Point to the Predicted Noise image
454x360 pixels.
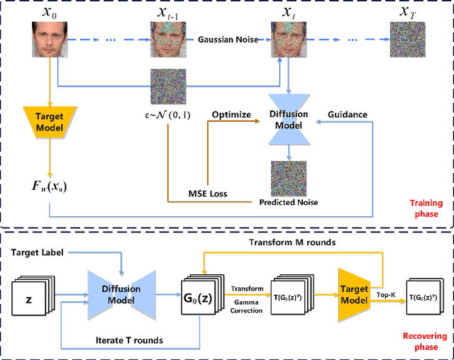(x=288, y=179)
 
